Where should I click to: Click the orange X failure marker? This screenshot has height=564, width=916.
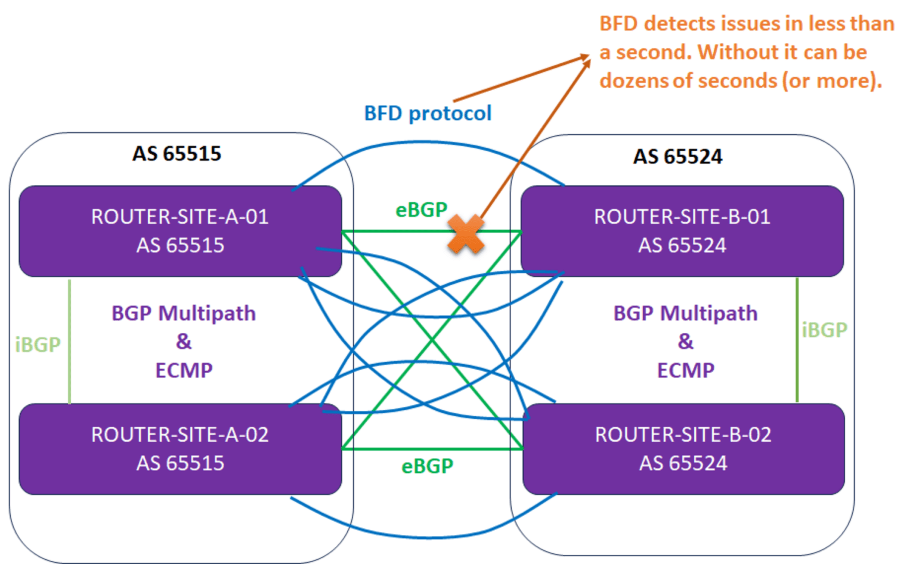click(466, 234)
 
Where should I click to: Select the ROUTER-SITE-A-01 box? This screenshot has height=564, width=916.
click(180, 231)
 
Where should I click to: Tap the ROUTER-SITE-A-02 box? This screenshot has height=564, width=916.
click(180, 449)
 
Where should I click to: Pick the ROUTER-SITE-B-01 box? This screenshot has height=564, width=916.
click(682, 231)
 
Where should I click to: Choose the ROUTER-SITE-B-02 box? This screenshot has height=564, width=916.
click(683, 449)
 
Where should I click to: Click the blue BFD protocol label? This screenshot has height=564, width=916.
click(428, 113)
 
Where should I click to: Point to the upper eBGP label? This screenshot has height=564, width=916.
click(421, 210)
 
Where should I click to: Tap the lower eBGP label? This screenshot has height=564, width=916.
click(427, 466)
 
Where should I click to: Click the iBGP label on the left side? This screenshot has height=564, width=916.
click(38, 345)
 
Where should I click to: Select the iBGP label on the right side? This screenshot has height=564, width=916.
click(824, 330)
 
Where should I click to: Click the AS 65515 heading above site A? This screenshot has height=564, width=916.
click(177, 154)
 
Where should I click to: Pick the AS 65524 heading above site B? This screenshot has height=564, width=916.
click(677, 157)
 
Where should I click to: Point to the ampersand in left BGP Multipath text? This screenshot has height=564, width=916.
click(184, 342)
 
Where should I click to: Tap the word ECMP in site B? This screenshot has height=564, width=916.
click(685, 370)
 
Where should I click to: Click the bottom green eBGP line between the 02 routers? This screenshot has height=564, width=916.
click(432, 449)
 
